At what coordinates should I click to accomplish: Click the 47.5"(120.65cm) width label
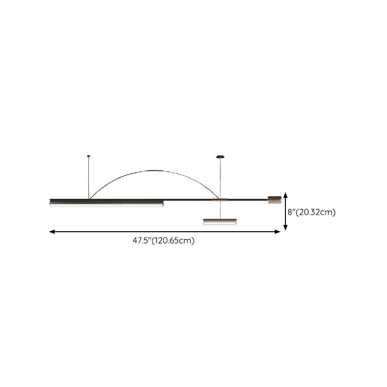164,240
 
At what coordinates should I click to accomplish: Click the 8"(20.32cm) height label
312,212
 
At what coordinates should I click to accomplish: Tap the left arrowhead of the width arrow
52,232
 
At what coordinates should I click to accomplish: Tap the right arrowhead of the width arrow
277,232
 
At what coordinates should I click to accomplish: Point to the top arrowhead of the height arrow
285,195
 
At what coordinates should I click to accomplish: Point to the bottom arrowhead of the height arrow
285,227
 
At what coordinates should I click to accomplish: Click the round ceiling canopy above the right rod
220,157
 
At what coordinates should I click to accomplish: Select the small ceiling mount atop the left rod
89,156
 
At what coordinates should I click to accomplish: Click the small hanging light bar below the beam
220,222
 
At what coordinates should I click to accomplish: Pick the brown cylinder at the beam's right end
275,200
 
